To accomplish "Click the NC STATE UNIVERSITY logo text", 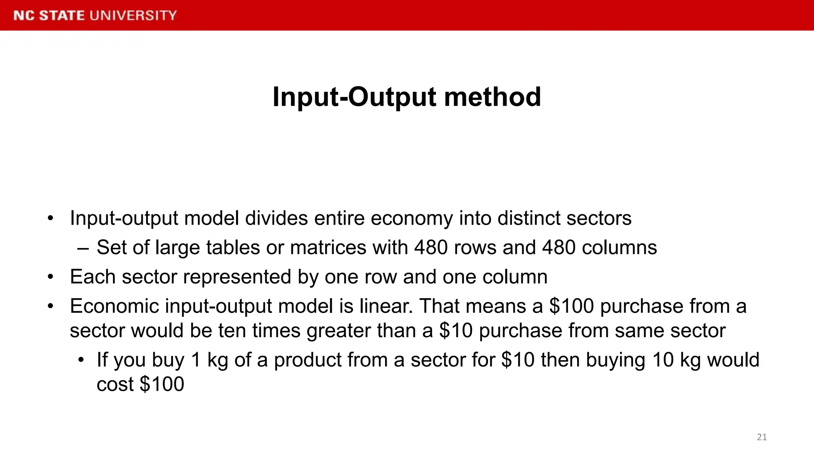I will coord(95,16).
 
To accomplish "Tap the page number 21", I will coord(762,437).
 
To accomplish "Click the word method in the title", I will coord(492,97).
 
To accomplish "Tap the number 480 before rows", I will coord(431,248).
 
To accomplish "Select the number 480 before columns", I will coord(559,248).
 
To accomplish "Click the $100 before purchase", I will coord(571,306).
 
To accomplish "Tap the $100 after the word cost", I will coord(162,384).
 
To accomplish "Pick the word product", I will coord(308,360).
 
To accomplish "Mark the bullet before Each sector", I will coord(50,277).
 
